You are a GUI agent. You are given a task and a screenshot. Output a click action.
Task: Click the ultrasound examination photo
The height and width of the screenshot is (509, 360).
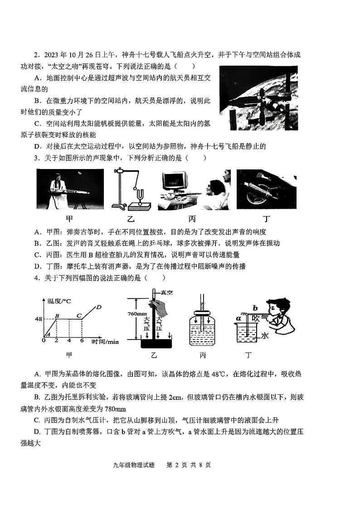194,189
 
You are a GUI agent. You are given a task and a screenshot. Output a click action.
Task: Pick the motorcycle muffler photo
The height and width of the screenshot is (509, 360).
266,189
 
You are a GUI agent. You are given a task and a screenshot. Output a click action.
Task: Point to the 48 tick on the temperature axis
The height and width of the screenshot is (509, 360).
39,319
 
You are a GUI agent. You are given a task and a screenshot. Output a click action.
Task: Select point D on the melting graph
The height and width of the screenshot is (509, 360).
98,307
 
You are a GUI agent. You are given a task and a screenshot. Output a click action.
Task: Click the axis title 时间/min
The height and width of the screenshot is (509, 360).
105,342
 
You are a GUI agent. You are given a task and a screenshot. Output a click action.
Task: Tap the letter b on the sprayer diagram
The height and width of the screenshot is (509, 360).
255,307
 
